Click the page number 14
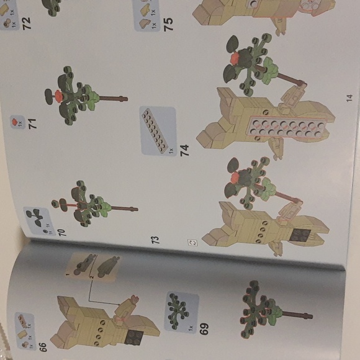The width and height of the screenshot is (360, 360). tap(349, 97)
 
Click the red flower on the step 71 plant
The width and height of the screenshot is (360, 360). tap(58, 95)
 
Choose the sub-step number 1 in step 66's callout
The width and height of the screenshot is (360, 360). tap(70, 271)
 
